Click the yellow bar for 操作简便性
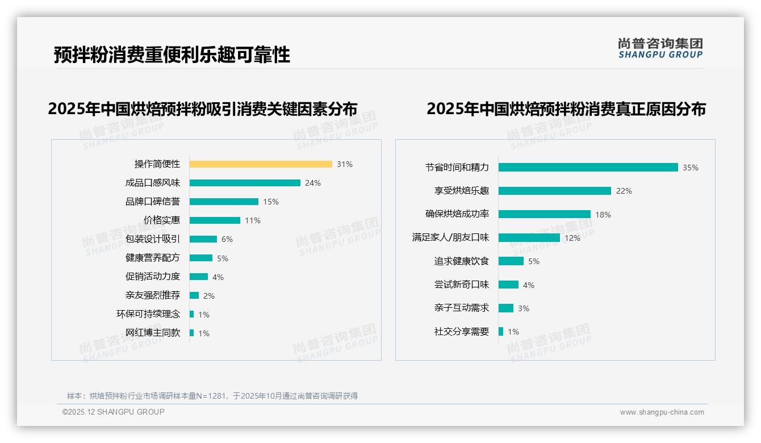tap(261, 164)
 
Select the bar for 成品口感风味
tap(245, 183)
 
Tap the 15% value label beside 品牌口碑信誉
tap(271, 202)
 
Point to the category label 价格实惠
tap(162, 220)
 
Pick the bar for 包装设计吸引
tap(203, 239)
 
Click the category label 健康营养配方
tap(153, 258)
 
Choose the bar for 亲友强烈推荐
tap(194, 295)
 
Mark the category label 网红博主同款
tap(153, 333)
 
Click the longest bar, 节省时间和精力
tap(588, 168)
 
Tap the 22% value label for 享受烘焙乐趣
tap(624, 191)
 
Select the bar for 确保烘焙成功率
tap(545, 214)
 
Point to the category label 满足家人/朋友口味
tap(450, 237)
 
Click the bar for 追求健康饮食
tap(511, 261)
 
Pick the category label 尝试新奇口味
tap(462, 285)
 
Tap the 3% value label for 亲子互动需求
tap(523, 308)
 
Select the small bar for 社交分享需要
tap(501, 332)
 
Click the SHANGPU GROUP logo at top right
tap(660, 48)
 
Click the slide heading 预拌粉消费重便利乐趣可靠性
tap(172, 55)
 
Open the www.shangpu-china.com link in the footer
tap(662, 412)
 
